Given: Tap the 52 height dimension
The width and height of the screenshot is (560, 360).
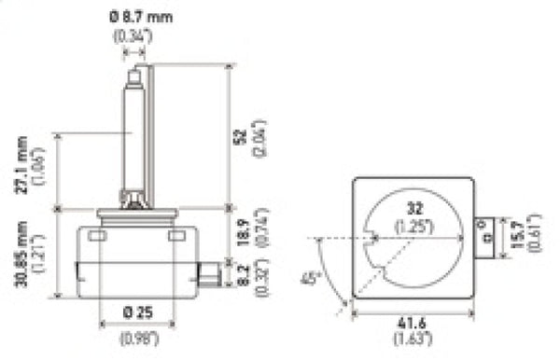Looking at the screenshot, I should pos(240,136).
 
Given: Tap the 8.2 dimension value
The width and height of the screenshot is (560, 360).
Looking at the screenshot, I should pos(240,275).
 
